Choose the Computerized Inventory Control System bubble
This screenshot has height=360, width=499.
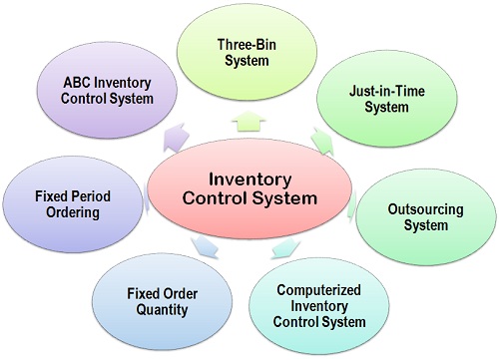321,303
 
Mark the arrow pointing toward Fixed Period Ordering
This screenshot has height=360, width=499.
148,203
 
